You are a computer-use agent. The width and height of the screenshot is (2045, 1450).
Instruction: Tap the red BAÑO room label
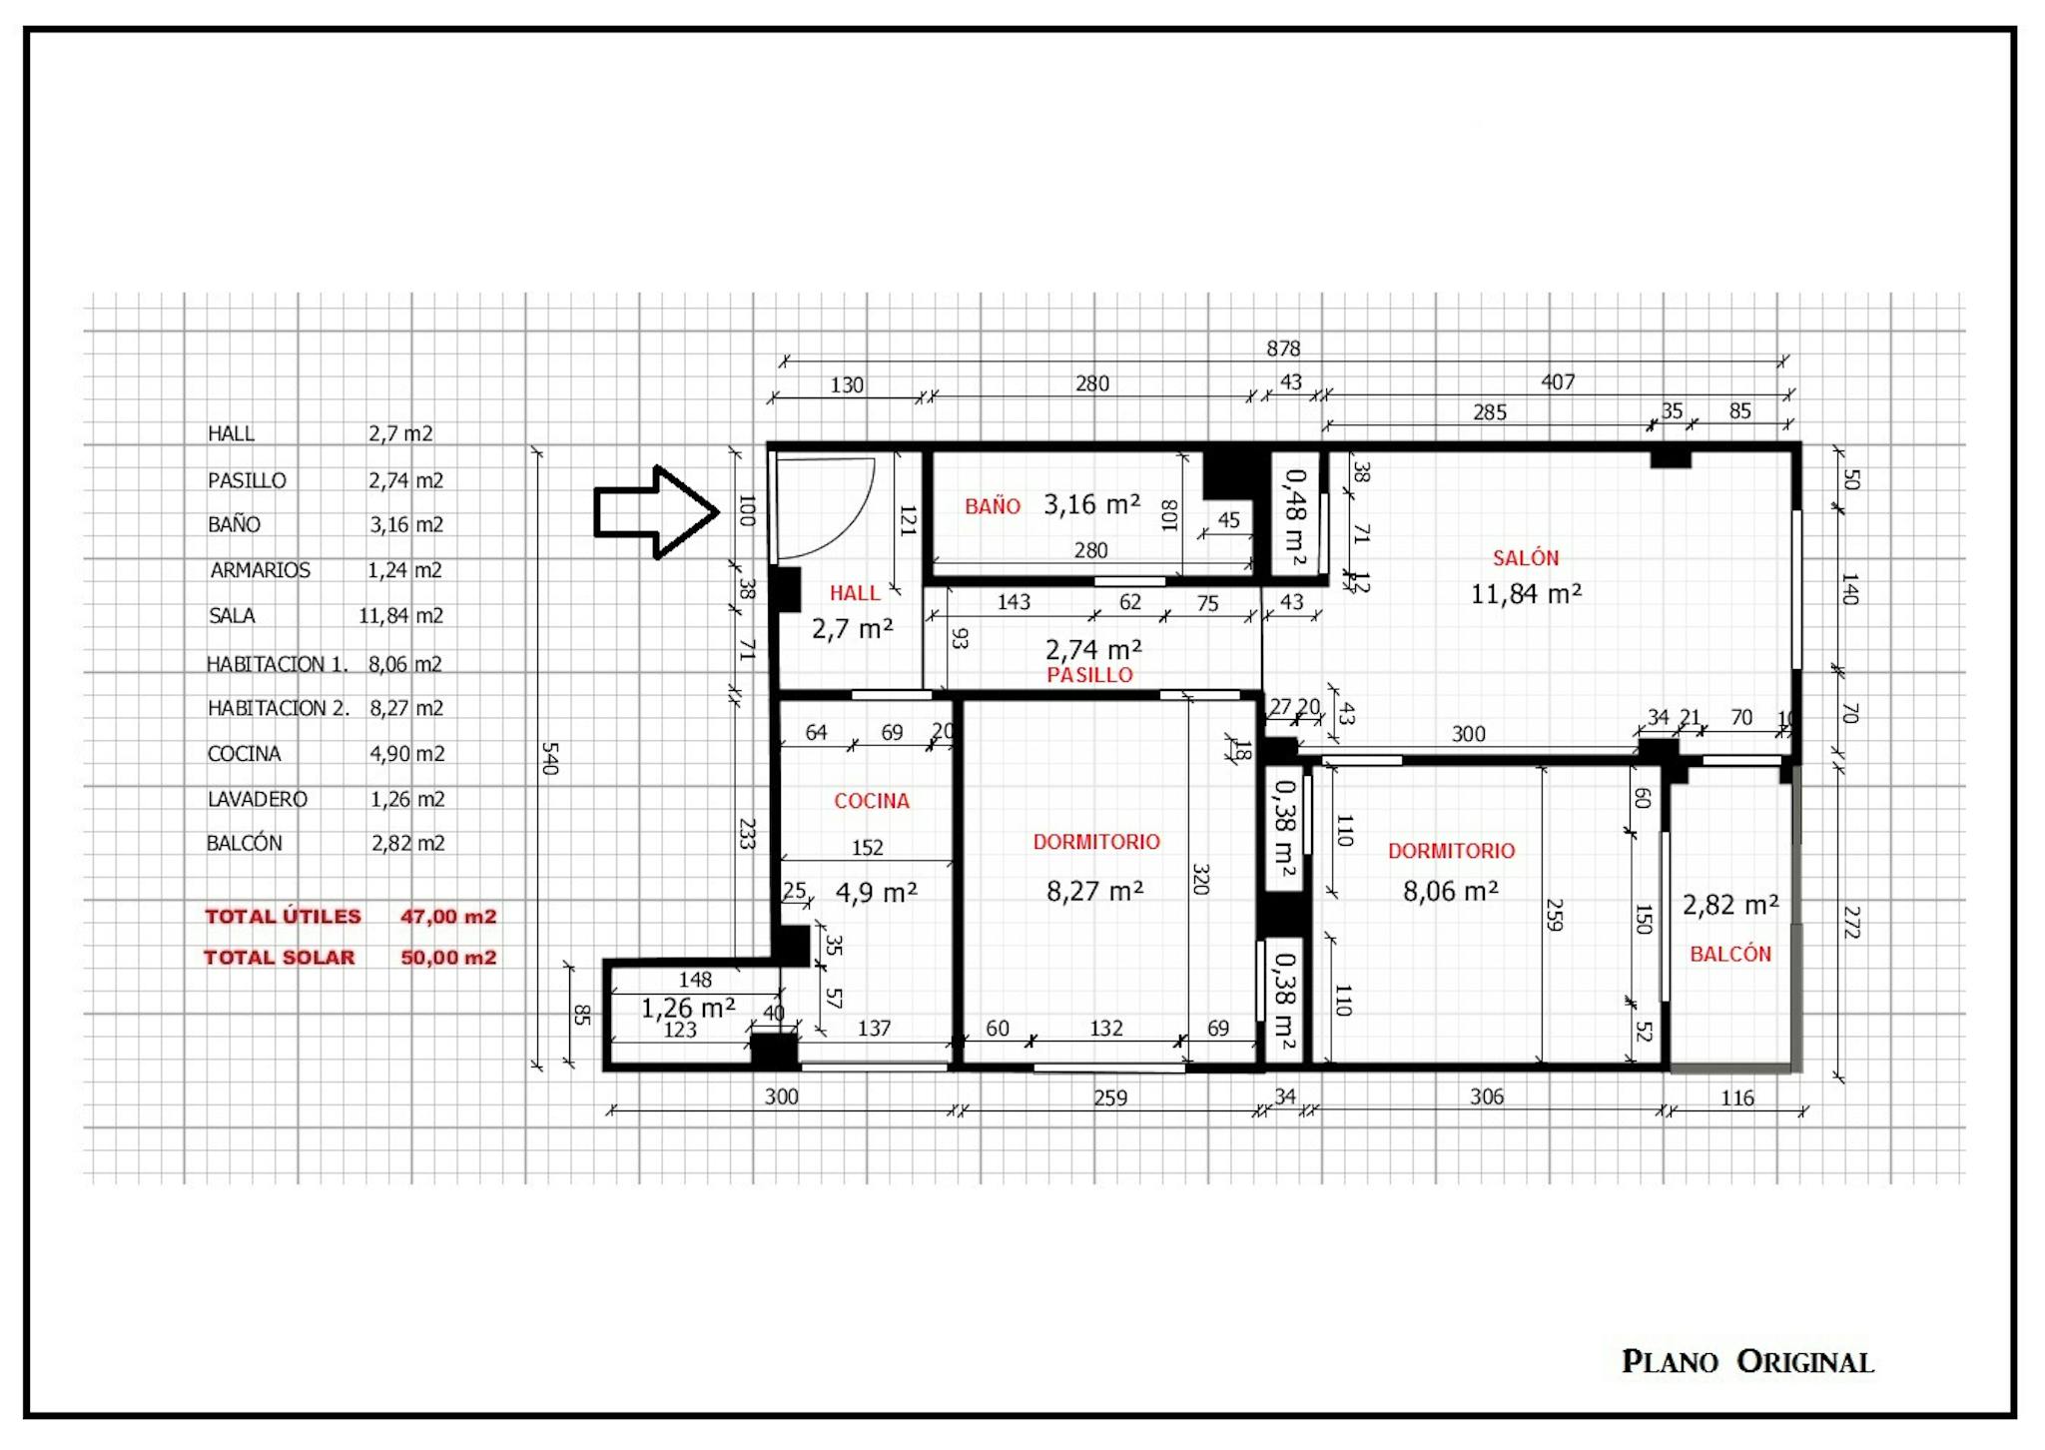993,506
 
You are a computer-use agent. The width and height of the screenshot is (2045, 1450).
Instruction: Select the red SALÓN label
1525,558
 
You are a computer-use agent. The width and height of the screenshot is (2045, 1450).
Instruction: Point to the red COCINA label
872,801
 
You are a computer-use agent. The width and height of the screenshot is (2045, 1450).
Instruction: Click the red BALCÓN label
1730,954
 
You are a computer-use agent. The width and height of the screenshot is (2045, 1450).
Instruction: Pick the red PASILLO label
1089,675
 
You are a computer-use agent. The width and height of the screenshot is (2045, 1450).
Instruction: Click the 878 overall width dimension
1283,349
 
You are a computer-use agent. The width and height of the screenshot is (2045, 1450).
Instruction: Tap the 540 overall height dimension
548,758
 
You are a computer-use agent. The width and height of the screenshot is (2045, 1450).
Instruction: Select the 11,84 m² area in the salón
1526,594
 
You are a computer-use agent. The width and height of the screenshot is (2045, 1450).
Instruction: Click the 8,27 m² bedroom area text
1094,891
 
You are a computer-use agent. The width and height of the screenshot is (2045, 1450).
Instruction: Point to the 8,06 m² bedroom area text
1450,891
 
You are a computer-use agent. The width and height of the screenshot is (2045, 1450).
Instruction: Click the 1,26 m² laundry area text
688,1008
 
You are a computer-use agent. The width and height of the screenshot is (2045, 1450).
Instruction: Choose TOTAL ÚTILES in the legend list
283,917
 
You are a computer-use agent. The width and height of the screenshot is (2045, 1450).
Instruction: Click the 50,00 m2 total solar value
448,958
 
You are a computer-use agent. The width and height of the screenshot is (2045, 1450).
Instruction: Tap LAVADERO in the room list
258,799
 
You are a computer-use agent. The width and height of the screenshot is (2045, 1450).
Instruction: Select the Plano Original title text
1747,1362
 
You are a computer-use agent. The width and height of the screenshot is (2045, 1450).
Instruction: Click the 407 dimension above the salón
1558,381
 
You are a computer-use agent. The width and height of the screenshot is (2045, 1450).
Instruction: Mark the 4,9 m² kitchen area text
876,892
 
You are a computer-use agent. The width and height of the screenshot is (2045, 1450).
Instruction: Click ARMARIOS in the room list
260,570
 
